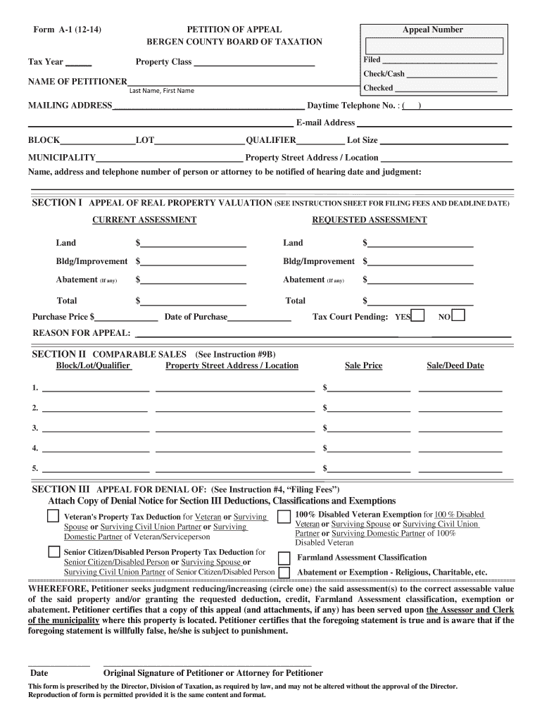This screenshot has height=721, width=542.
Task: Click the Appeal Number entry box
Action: coord(433,46)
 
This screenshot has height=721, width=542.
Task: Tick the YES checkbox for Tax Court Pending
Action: coord(418,315)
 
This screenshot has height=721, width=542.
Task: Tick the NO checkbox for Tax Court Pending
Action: coord(458,315)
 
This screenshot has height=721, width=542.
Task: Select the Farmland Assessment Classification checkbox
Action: coord(284,557)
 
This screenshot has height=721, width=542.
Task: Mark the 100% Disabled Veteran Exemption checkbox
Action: coord(284,518)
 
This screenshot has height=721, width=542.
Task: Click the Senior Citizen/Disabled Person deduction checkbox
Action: coord(53,552)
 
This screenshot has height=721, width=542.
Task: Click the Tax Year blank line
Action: coord(82,63)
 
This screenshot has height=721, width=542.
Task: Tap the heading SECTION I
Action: coord(58,203)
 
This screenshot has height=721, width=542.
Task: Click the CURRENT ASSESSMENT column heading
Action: coord(144,220)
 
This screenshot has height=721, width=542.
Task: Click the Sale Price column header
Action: coord(363,365)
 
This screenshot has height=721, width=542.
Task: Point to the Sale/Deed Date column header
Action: coord(455,365)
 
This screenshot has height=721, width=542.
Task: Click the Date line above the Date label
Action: coord(58,664)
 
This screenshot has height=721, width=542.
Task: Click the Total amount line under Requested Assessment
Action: coord(420,303)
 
